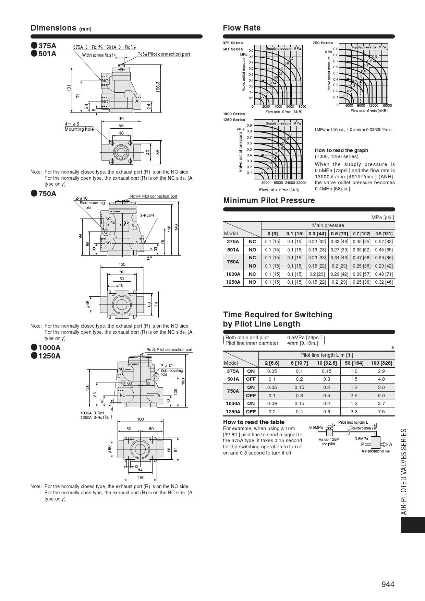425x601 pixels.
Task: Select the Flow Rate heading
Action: click(x=242, y=28)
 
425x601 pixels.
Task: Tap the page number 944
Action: click(x=388, y=584)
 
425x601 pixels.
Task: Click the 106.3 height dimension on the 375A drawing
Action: click(x=158, y=86)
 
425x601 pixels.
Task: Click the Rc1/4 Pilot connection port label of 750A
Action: click(x=154, y=196)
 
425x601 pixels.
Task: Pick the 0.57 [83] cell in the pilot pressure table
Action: click(x=384, y=241)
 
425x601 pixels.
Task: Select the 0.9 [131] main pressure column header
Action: click(x=384, y=234)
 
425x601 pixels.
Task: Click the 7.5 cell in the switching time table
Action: click(x=381, y=412)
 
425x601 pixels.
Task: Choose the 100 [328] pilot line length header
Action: click(x=381, y=363)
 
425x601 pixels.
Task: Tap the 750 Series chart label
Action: click(x=323, y=43)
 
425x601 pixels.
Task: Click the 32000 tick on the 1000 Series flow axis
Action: click(x=301, y=183)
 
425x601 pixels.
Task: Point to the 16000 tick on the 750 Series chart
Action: click(x=387, y=106)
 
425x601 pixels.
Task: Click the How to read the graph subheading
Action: click(x=341, y=150)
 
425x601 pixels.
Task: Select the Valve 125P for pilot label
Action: click(x=329, y=441)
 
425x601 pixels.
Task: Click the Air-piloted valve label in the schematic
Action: click(x=375, y=451)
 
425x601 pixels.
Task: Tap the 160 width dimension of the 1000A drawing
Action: click(x=141, y=419)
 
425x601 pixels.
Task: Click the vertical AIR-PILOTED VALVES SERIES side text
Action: click(x=404, y=471)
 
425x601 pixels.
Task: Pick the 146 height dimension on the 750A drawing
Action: click(x=177, y=227)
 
